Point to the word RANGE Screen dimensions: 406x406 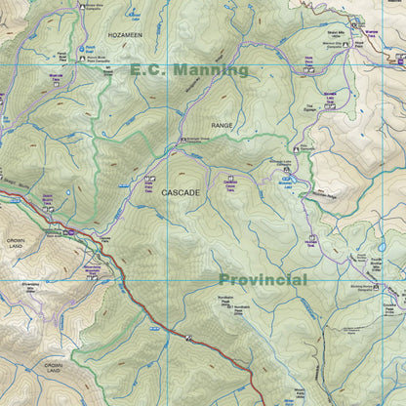(223, 126)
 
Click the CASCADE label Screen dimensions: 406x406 (181, 193)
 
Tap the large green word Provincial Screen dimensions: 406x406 (263, 280)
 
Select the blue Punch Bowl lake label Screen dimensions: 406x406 (89, 47)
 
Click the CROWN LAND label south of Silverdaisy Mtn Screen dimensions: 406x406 (53, 368)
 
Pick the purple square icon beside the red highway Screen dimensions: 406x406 (70, 231)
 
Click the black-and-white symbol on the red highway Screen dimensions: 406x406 (188, 338)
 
